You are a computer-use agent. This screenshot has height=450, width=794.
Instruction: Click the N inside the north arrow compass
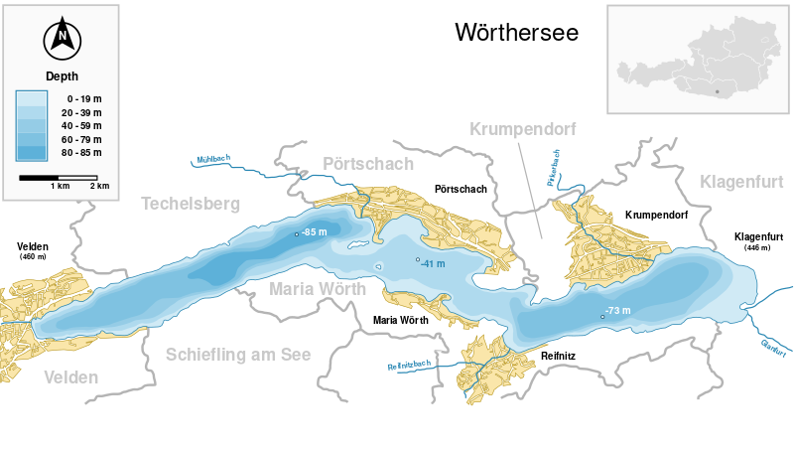(x=62, y=39)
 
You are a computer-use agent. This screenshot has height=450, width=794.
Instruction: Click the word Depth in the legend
(x=62, y=75)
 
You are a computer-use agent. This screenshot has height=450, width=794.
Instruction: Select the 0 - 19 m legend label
(x=83, y=99)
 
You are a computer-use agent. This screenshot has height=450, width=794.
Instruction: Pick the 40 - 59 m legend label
(x=84, y=127)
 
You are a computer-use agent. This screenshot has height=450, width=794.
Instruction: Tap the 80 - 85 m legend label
(x=84, y=155)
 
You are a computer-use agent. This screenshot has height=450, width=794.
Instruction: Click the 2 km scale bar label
(x=99, y=186)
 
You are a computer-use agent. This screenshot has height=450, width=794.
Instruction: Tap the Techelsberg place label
(x=192, y=203)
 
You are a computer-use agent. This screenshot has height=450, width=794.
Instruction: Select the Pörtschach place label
(x=368, y=164)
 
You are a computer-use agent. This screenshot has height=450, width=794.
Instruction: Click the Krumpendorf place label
(x=523, y=129)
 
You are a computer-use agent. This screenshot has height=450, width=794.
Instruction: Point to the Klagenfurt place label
(x=741, y=181)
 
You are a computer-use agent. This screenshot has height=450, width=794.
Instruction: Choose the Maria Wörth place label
(x=318, y=288)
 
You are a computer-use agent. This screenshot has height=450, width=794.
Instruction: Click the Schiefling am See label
(x=238, y=354)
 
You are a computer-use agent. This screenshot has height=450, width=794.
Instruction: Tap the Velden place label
(x=71, y=377)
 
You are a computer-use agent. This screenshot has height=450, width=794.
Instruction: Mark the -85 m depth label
(x=314, y=232)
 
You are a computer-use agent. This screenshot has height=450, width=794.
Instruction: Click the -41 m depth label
(x=433, y=263)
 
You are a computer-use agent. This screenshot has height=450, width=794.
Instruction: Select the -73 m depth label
(x=617, y=312)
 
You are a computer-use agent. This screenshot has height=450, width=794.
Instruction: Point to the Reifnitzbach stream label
(x=408, y=365)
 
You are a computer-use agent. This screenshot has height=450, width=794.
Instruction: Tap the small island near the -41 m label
(x=379, y=266)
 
